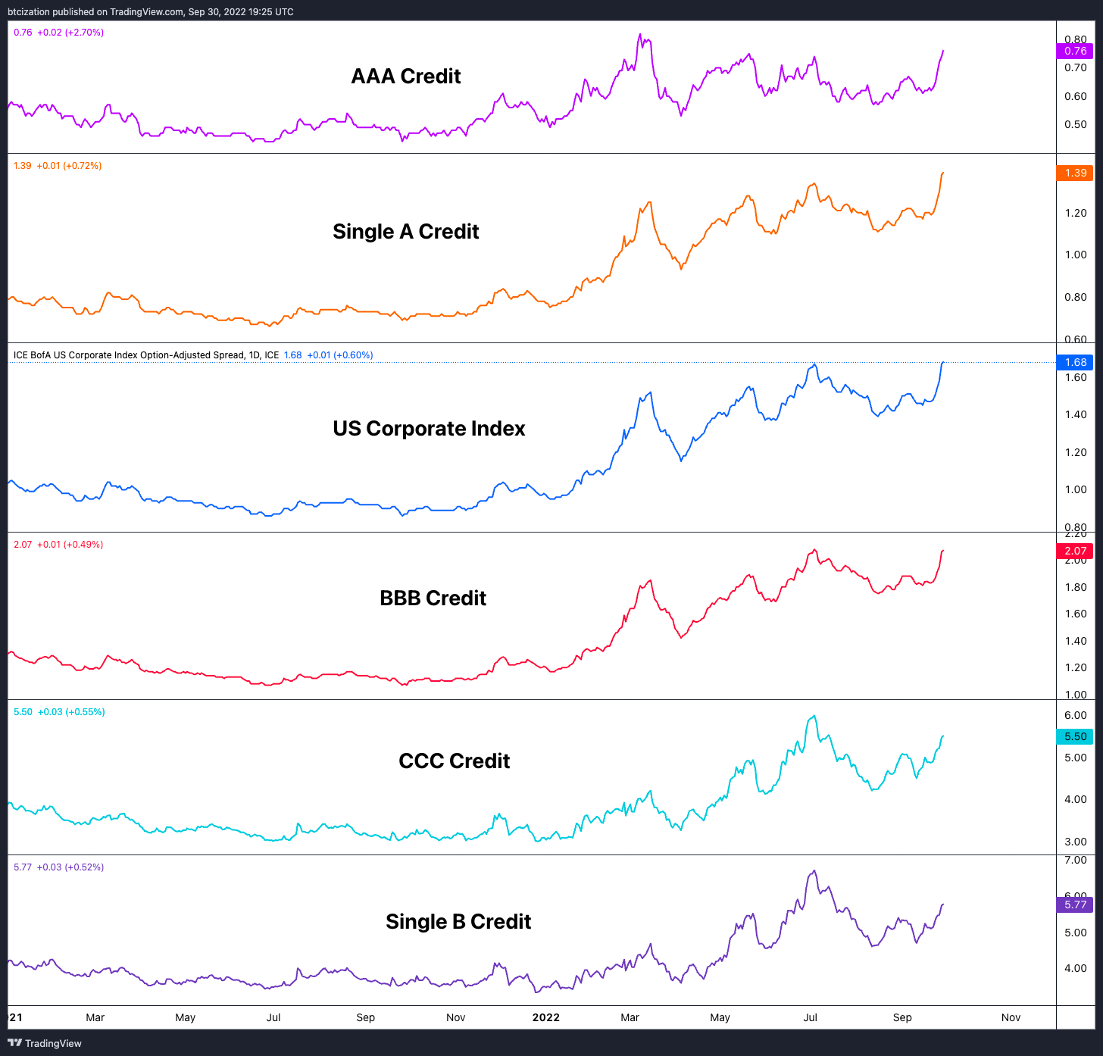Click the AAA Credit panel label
click(406, 77)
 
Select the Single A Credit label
click(405, 232)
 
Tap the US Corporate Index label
click(429, 429)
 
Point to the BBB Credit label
click(433, 598)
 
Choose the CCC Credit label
click(454, 761)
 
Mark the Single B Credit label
click(458, 922)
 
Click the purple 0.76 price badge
click(1074, 52)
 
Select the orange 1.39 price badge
click(1074, 173)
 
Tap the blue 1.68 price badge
click(1074, 362)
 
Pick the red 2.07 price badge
click(1074, 551)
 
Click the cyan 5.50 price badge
click(1074, 736)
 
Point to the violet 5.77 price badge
click(1074, 904)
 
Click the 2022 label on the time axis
click(545, 1017)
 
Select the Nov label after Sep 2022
click(1011, 1017)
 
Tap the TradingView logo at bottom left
click(45, 1043)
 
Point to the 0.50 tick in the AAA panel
click(1075, 125)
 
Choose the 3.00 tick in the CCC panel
click(1075, 842)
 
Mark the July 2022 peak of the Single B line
click(814, 870)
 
